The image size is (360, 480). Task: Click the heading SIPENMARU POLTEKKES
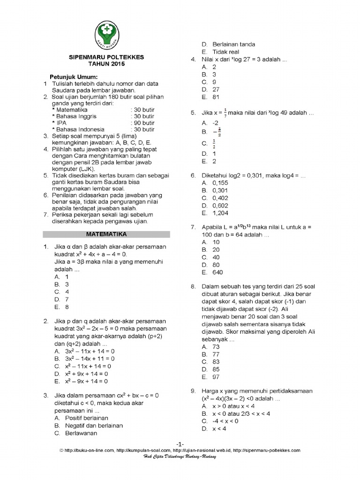[x=106, y=57]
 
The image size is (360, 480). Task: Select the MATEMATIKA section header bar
[x=106, y=233]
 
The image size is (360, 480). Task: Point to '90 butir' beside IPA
[x=142, y=123]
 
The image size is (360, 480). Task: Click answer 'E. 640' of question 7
[x=212, y=272]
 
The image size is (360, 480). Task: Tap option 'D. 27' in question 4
[x=211, y=90]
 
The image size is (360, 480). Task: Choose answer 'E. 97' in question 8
[x=211, y=377]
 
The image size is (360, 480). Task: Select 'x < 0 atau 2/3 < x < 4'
[x=235, y=413]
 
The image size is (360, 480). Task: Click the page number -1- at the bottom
[x=180, y=444]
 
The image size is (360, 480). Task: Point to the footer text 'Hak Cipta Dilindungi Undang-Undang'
[x=180, y=457]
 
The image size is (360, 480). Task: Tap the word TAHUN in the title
[x=97, y=64]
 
